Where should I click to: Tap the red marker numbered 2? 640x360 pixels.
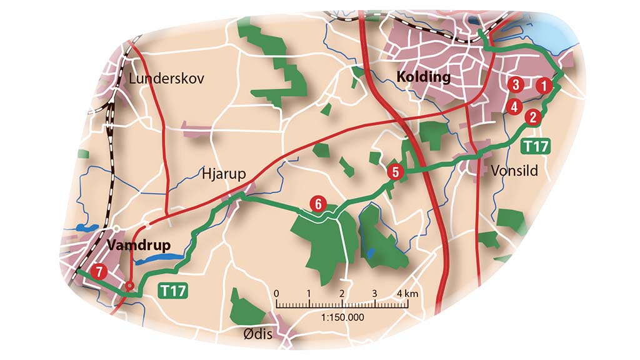(x=532, y=116)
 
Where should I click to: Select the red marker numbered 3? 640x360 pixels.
(x=515, y=84)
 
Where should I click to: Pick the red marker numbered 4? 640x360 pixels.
(x=514, y=106)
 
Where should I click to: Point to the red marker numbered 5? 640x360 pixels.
(x=395, y=171)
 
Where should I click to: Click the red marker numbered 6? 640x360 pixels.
(x=317, y=203)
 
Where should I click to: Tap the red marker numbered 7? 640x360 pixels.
(x=97, y=272)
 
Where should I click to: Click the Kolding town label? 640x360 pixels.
(x=423, y=77)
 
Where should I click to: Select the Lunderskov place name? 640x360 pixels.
(x=166, y=79)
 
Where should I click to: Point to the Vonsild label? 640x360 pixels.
(x=514, y=171)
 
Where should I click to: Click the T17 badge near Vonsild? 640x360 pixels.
(x=536, y=147)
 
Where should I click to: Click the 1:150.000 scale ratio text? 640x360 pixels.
(x=342, y=317)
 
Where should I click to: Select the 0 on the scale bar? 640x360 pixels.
(x=276, y=293)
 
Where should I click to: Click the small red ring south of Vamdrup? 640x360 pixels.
(x=129, y=287)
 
